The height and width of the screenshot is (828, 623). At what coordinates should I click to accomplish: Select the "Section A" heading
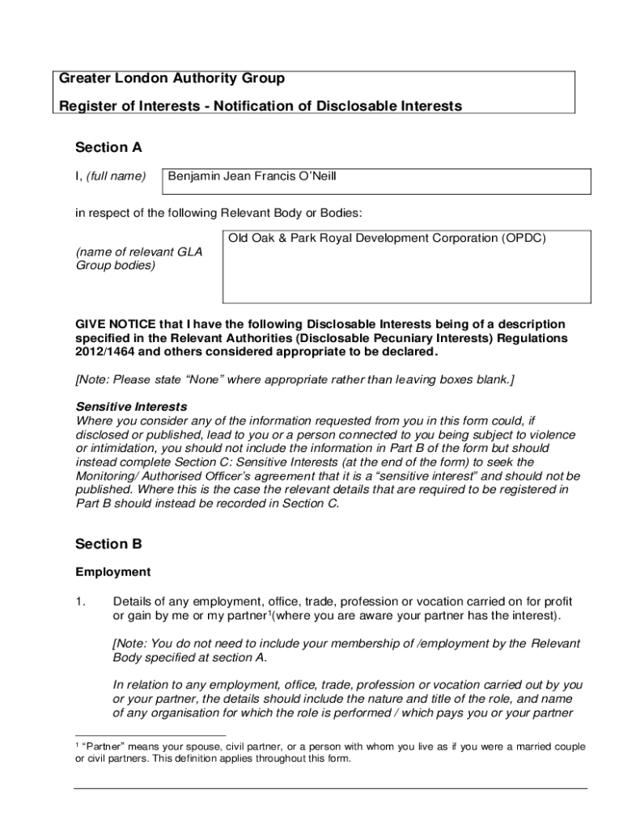coord(108,147)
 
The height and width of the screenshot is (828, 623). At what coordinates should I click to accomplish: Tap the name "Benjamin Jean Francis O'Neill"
coord(252,175)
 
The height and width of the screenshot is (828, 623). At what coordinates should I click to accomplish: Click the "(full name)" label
coord(117,176)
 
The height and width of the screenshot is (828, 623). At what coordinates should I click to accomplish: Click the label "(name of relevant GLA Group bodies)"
coord(138,258)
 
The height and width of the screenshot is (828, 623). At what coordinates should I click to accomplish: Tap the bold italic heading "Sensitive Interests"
coord(131,407)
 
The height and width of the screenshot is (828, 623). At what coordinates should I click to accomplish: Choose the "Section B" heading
coord(108,544)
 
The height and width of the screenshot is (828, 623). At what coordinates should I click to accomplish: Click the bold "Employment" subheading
coord(113,572)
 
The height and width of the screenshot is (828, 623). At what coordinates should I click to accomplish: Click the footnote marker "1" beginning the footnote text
coord(75,744)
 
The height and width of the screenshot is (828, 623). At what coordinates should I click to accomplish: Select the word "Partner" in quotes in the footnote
coord(102,746)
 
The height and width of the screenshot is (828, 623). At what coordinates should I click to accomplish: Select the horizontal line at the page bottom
coord(330,788)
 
